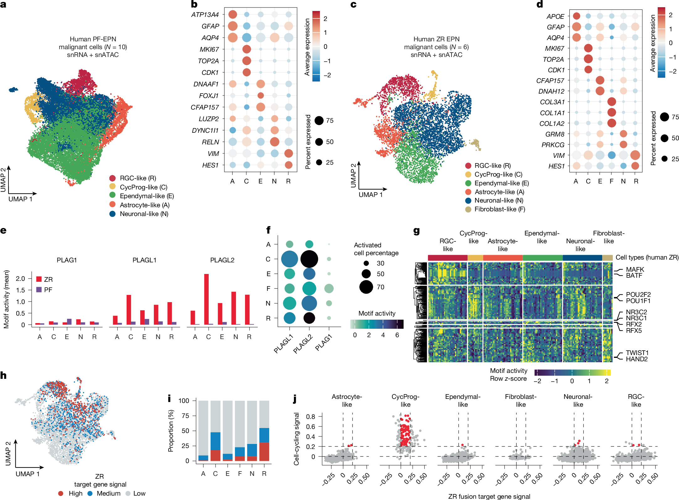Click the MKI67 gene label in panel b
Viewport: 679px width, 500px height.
(209, 49)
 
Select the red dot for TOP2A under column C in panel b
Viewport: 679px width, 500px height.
(246, 61)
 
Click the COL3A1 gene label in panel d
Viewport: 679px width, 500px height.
(552, 102)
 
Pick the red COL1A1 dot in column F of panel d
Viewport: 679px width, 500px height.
(611, 112)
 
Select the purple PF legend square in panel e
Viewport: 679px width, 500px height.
(39, 290)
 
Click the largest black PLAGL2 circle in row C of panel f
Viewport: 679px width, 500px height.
(309, 259)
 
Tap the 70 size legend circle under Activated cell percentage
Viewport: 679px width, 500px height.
(366, 287)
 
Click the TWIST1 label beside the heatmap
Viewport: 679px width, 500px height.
(637, 353)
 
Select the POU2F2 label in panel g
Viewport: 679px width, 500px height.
(638, 295)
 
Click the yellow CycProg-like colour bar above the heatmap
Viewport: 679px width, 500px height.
(475, 258)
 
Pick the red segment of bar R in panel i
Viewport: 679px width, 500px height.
(264, 451)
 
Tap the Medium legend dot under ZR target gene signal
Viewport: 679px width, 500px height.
(90, 493)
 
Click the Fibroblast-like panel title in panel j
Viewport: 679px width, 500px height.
(520, 400)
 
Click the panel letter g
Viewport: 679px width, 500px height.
(416, 231)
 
